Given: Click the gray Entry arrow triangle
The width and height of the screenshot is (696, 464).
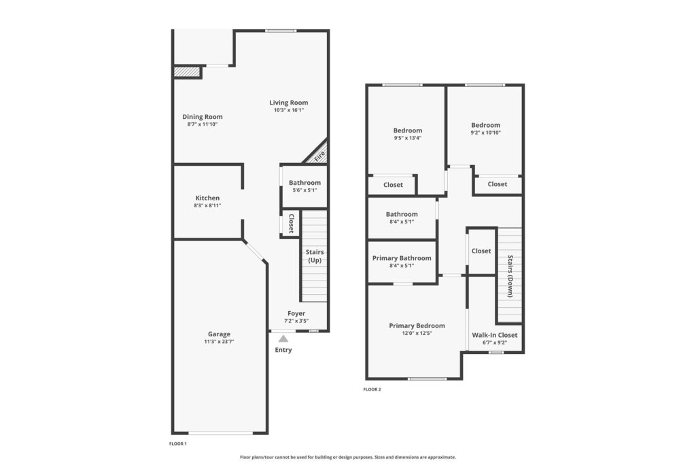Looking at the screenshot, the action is (283, 339).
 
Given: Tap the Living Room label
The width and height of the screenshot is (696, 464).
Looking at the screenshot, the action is (288, 103).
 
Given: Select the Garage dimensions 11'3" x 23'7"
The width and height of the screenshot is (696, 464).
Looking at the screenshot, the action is (220, 342).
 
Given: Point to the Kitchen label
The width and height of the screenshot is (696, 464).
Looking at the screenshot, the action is (207, 198).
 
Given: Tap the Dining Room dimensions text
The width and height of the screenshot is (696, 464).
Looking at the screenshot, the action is (203, 124).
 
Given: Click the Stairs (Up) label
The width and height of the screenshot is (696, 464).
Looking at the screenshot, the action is (314, 256).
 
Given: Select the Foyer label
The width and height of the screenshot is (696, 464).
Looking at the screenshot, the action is (296, 313).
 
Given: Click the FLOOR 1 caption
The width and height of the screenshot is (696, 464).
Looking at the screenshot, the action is (178, 444).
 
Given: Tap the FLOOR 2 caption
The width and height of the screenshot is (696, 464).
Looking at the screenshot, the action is (372, 389).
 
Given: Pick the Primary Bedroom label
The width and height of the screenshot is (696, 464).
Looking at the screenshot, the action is (417, 325).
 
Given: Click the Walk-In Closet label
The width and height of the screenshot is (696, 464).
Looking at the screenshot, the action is (495, 335).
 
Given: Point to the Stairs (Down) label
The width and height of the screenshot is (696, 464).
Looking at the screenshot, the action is (510, 276).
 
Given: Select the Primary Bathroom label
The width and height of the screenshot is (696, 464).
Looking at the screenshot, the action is (402, 258).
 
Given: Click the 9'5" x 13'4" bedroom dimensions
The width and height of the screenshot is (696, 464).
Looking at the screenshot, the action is (408, 138).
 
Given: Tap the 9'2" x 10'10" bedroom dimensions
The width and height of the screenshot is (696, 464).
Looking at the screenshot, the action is (485, 132).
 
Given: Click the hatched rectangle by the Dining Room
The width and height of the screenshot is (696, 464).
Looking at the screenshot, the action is (186, 71).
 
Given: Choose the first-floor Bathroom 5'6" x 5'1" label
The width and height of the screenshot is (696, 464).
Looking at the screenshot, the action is (304, 186).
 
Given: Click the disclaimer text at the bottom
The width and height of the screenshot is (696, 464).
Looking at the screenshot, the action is (348, 457).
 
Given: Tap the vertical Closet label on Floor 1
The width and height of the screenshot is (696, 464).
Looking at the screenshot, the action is (291, 223).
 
